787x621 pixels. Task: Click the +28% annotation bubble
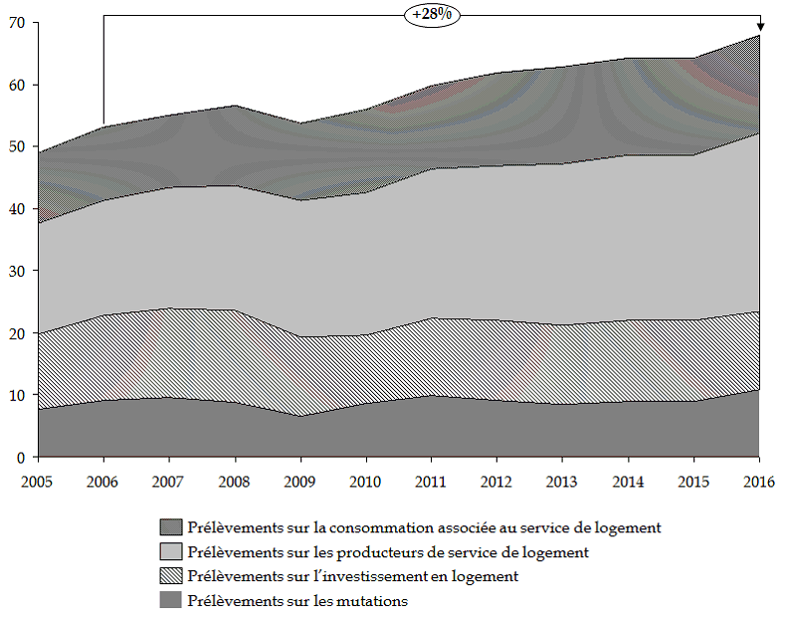[x=432, y=16]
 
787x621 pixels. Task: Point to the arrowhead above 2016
[x=760, y=28]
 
